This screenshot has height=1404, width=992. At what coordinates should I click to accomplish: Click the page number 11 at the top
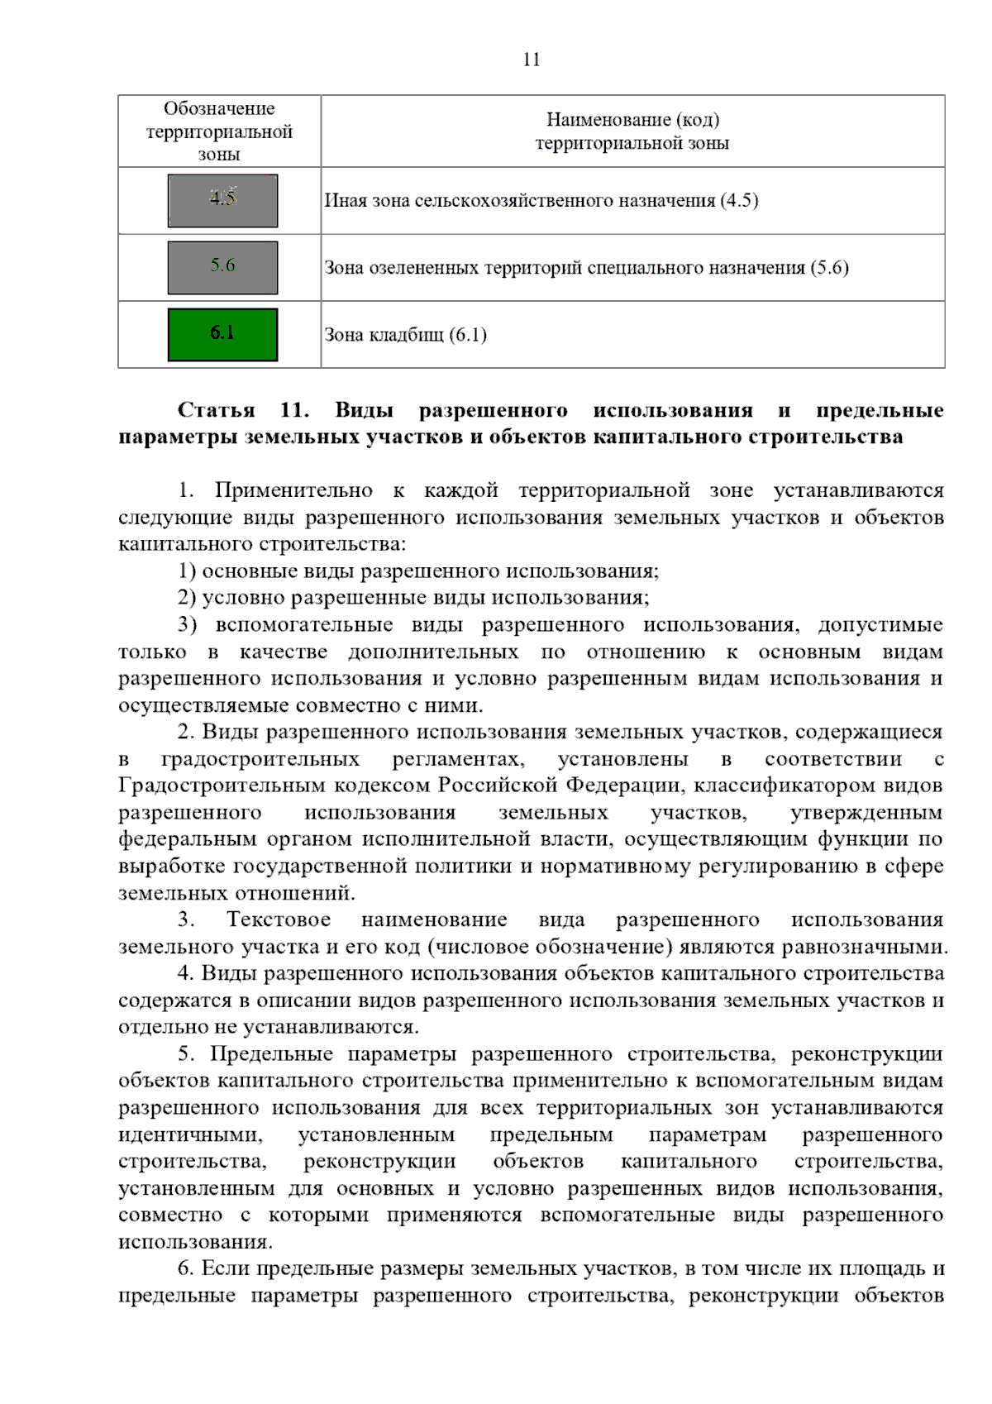coord(532,60)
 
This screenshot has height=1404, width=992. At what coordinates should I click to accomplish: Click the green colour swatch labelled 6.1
coord(222,334)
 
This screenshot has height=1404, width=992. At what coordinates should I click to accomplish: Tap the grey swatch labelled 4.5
coord(222,200)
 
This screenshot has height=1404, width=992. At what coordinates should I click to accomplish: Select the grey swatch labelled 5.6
coord(222,267)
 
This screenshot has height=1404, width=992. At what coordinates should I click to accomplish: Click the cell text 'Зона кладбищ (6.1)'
coord(405,335)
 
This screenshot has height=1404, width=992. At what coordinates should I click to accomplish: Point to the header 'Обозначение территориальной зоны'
coord(219,131)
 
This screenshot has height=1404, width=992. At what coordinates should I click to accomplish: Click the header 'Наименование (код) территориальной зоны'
coord(632,131)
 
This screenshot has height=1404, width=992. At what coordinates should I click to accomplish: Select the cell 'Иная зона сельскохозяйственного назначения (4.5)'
coord(541,201)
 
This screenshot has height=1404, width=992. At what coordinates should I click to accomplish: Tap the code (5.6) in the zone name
coord(829,268)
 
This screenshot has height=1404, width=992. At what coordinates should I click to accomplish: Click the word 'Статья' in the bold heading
coord(216,410)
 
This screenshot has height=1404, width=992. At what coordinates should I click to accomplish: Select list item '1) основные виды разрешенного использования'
coord(417,571)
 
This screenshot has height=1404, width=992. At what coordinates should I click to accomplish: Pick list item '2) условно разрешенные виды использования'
coord(413,598)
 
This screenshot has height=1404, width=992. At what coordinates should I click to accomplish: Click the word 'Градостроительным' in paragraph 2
coord(222,786)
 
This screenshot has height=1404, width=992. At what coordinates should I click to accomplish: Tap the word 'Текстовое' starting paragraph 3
coord(279,919)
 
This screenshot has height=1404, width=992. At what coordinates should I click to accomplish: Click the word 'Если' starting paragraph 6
coord(226,1268)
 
